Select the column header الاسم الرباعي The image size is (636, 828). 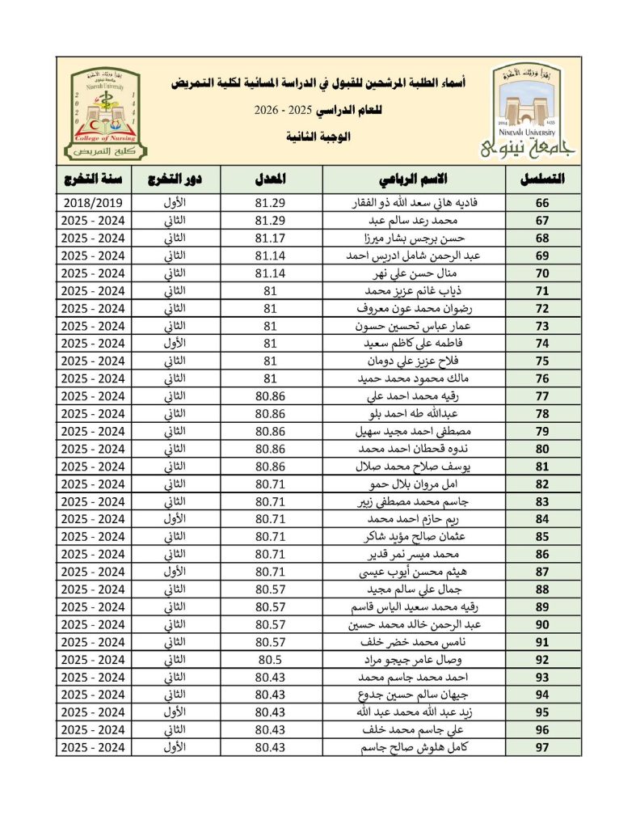tap(413, 178)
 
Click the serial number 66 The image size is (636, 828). tap(542, 203)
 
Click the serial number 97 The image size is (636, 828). tap(542, 747)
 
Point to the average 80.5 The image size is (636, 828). tap(268, 659)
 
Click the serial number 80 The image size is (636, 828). tap(542, 449)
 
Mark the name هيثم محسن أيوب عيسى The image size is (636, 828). tap(428, 572)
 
